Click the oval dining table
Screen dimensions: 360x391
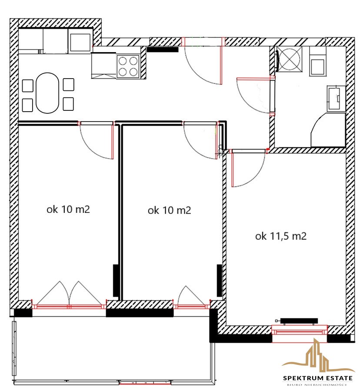(x=47, y=93)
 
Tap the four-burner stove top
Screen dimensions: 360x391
(x=128, y=66)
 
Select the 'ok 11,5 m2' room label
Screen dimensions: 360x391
(x=281, y=236)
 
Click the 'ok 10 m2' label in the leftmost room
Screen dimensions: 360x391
(x=68, y=209)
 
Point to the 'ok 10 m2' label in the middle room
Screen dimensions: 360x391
(x=170, y=210)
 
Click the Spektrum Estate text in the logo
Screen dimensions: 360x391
(x=318, y=378)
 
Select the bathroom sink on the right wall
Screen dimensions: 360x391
(x=336, y=98)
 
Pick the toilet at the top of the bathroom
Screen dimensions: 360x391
(x=317, y=62)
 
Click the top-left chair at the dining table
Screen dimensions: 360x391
(x=28, y=86)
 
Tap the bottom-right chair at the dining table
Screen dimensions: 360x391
(x=68, y=104)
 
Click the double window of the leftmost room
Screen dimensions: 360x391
(x=69, y=306)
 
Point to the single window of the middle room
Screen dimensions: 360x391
(x=191, y=306)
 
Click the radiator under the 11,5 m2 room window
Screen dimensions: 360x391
(x=299, y=321)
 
